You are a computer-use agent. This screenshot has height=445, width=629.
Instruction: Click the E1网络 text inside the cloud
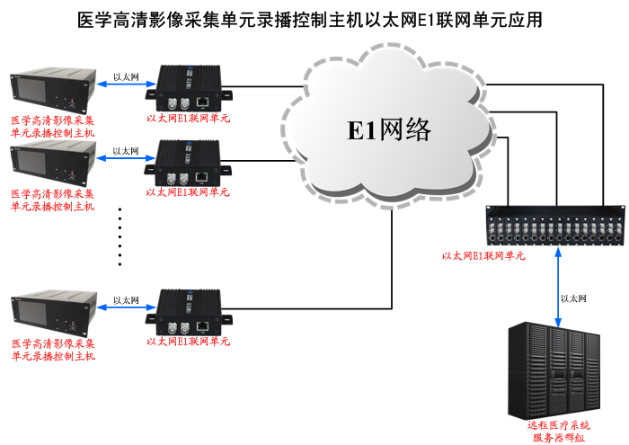pyautogui.click(x=390, y=130)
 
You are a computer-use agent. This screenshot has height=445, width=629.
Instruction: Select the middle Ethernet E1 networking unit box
pyautogui.click(x=190, y=162)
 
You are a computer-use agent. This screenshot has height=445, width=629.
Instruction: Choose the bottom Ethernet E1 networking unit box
pyautogui.click(x=190, y=311)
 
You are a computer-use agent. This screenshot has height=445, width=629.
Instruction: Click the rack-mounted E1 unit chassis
pyautogui.click(x=553, y=227)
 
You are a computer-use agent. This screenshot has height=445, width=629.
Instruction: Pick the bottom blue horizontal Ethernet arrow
pyautogui.click(x=125, y=310)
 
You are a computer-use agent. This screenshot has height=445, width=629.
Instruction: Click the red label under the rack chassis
pyautogui.click(x=483, y=256)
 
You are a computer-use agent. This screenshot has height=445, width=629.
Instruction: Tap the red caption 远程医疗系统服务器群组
pyautogui.click(x=558, y=431)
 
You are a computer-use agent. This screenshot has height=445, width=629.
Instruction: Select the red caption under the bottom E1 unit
pyautogui.click(x=188, y=343)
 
